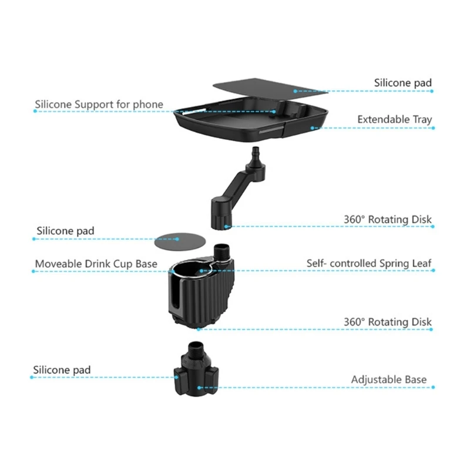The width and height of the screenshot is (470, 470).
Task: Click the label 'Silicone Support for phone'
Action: coord(99,105)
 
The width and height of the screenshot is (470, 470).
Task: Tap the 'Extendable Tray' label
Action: coord(394,120)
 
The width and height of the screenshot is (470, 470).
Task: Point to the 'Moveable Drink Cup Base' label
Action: coord(96,264)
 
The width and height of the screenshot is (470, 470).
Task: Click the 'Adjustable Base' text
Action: coord(389,380)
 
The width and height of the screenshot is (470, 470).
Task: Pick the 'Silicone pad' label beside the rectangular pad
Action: coord(402,83)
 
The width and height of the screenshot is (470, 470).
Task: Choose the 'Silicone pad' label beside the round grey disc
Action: coord(65,231)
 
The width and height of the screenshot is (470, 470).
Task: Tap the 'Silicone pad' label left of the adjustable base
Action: coord(62,370)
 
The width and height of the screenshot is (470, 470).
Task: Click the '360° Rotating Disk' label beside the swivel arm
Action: coord(387,220)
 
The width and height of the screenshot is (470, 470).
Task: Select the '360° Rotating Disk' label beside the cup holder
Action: coord(387,322)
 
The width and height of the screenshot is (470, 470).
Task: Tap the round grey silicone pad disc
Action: coord(176,240)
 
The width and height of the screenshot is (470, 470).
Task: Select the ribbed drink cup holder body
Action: coord(203,294)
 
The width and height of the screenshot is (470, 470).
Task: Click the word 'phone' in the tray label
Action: coord(148,105)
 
